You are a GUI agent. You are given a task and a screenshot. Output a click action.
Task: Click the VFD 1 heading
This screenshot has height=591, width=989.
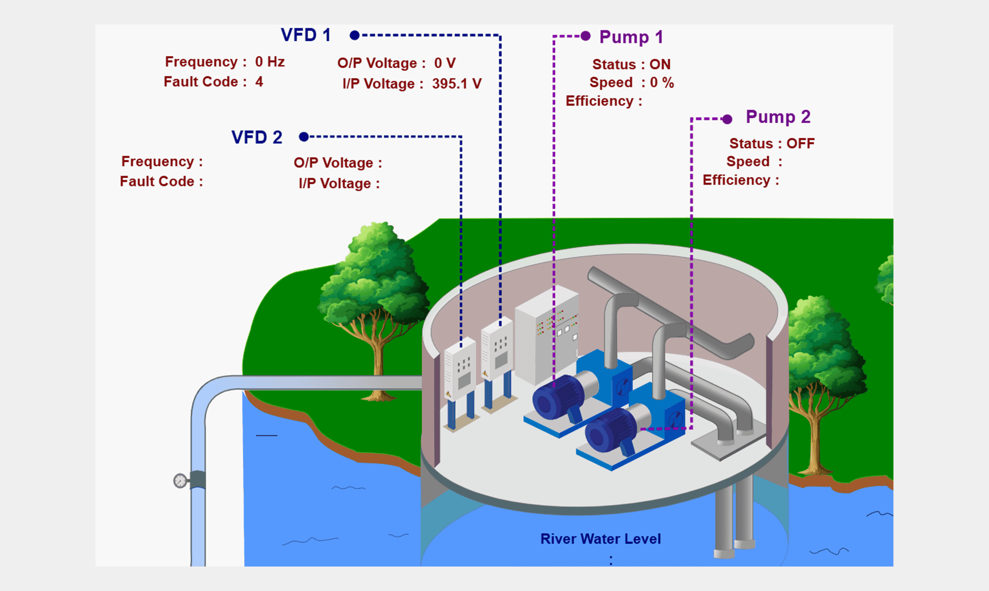point(306,35)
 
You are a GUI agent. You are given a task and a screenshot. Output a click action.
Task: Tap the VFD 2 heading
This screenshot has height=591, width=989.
point(257,137)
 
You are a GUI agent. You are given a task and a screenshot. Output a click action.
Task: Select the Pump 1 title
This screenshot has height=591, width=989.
point(631,37)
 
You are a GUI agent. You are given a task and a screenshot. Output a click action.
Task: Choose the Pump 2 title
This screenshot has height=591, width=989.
point(778,117)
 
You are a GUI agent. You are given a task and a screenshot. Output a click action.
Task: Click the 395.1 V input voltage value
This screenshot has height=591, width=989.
point(457,84)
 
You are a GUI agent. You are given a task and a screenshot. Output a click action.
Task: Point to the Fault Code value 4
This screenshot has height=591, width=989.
point(259,82)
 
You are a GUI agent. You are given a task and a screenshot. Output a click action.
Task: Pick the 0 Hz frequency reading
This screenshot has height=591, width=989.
point(270,62)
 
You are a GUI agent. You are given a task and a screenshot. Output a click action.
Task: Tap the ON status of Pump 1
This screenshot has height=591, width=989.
point(660,64)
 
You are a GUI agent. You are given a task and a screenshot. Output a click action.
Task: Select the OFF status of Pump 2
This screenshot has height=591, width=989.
point(801,143)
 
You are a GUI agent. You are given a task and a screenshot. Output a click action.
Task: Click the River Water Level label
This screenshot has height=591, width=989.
point(600,539)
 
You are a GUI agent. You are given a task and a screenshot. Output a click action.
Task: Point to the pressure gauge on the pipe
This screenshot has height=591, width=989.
point(180,481)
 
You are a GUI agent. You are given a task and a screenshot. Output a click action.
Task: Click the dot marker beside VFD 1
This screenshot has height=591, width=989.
point(355,35)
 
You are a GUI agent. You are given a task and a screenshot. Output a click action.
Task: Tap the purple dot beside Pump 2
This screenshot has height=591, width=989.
point(727,119)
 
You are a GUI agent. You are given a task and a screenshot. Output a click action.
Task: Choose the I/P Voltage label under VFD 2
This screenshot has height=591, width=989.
point(339,183)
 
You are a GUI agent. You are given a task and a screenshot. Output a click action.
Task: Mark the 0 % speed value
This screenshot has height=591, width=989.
point(662,83)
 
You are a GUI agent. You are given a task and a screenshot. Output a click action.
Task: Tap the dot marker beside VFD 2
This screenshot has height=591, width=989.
point(304,137)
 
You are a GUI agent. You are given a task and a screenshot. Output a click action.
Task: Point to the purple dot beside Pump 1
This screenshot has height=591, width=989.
point(586,36)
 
